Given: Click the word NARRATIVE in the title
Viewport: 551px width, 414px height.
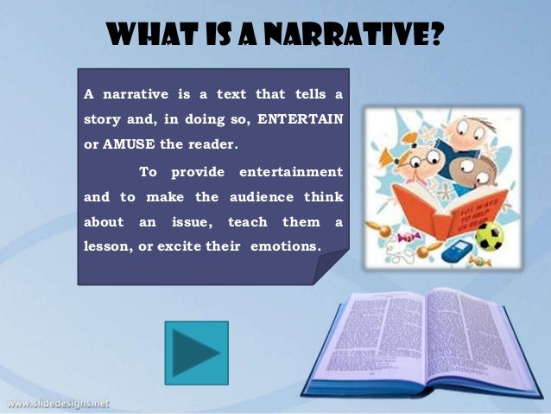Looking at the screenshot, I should pyautogui.click(x=359, y=37).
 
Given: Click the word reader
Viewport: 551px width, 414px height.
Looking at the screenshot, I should pyautogui.click(x=210, y=143).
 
